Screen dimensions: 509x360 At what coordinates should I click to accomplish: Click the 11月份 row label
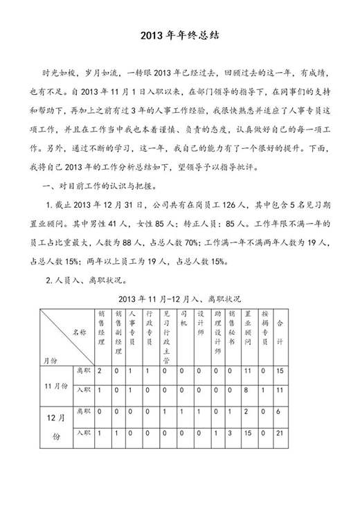click(56, 385)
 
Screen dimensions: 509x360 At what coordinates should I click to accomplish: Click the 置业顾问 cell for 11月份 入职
click(248, 391)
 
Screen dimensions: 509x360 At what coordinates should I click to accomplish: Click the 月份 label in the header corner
click(50, 359)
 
